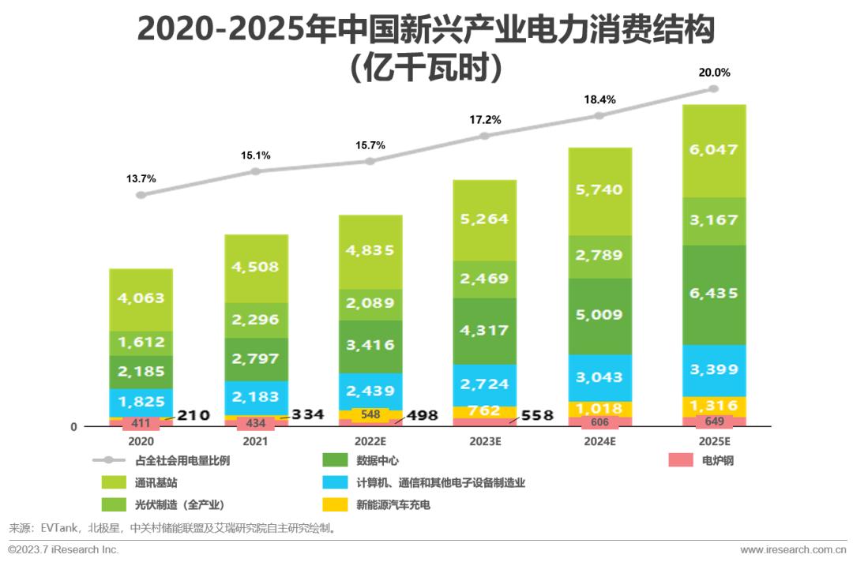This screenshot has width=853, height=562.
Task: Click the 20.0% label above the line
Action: (714, 72)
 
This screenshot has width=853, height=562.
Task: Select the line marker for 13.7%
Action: (141, 194)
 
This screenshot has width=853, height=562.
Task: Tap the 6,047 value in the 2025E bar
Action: (714, 152)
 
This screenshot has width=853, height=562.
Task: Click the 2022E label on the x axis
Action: (370, 442)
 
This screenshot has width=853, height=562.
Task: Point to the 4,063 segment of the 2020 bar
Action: (141, 298)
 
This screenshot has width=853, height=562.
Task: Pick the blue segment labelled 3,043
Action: (599, 377)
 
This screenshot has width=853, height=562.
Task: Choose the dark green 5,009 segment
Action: (599, 316)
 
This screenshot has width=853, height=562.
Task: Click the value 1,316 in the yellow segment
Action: (714, 407)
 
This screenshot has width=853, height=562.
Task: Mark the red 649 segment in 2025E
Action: (714, 421)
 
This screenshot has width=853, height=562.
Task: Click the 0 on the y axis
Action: (73, 427)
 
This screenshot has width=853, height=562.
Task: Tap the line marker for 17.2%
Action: (485, 136)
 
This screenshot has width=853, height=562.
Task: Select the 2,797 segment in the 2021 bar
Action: (256, 358)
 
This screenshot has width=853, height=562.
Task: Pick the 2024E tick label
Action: (599, 442)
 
